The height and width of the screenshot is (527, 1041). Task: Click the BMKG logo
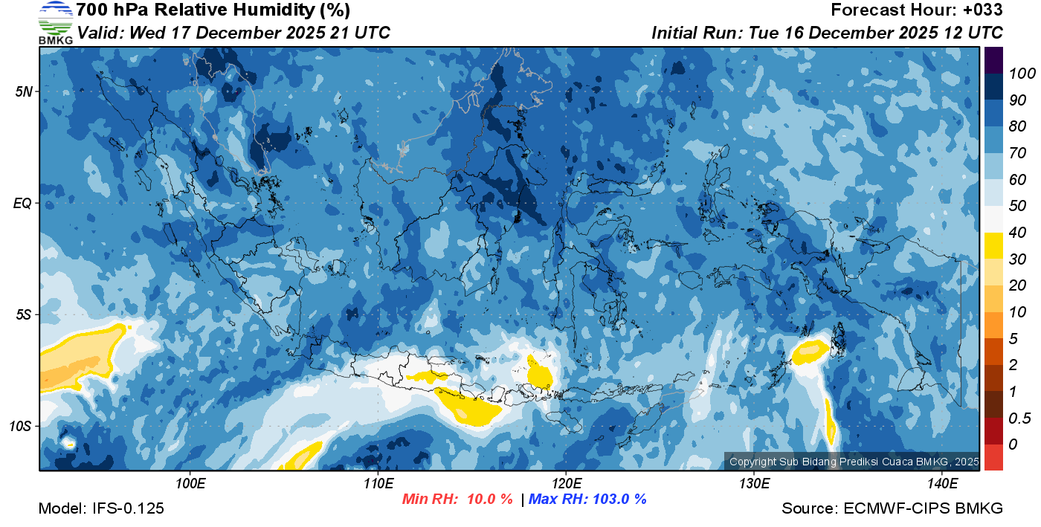56,22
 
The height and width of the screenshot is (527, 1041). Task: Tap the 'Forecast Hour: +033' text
917,10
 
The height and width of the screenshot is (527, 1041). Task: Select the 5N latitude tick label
23,91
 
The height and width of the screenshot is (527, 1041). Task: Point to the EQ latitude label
23,203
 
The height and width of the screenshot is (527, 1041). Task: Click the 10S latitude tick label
22,426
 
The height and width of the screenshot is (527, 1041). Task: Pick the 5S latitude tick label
23,314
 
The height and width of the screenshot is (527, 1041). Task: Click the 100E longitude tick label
190,484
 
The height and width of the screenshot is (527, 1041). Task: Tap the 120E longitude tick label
566,484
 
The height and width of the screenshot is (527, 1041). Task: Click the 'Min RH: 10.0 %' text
457,499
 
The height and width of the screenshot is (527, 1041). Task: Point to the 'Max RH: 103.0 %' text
587,499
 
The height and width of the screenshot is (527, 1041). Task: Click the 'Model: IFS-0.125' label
101,509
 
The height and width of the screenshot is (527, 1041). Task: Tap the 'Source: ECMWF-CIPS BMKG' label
892,509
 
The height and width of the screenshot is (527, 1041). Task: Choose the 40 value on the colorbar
1018,233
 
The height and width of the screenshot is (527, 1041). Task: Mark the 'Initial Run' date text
827,33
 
